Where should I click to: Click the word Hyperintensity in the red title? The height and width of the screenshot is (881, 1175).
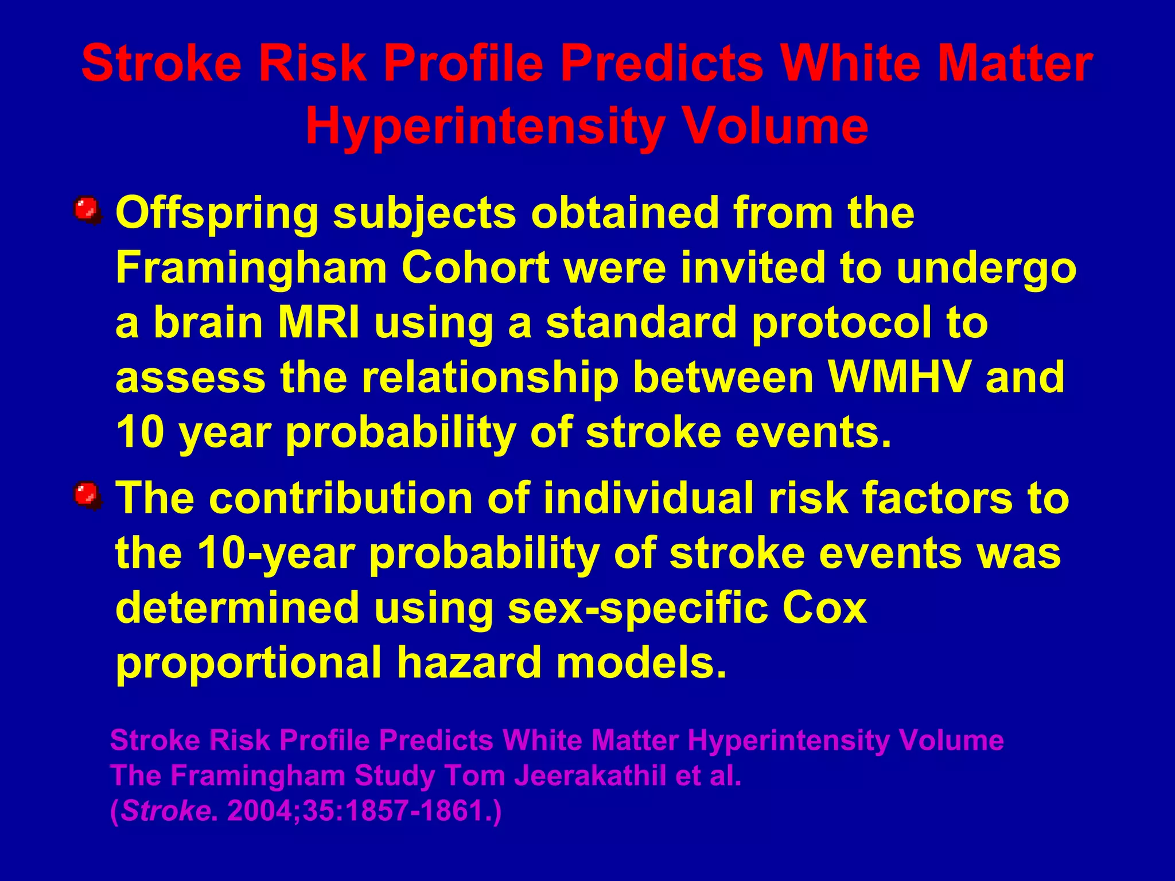[485, 127]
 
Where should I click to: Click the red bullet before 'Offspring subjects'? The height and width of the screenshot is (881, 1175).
[87, 210]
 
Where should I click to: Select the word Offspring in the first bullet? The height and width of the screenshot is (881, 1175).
[217, 213]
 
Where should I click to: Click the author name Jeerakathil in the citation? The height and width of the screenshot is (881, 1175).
[590, 775]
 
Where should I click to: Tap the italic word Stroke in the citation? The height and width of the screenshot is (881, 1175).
[165, 811]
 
